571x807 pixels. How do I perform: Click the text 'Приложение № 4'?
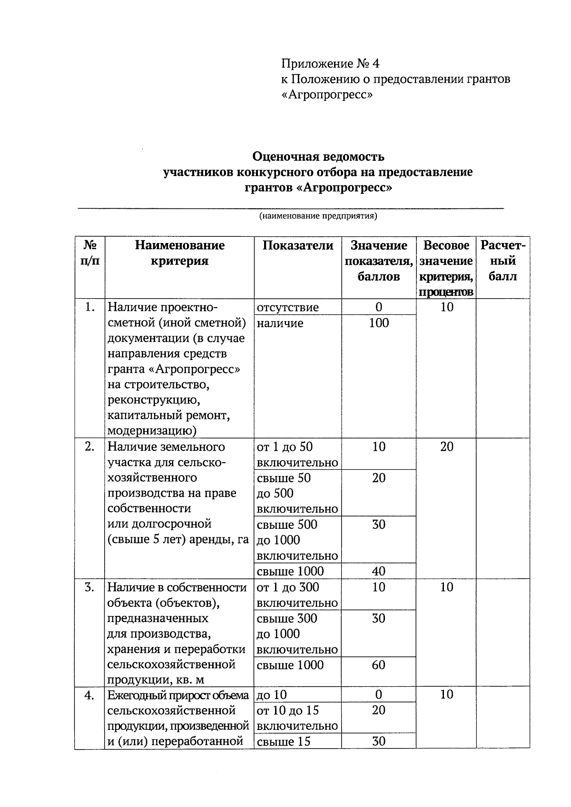pyautogui.click(x=330, y=64)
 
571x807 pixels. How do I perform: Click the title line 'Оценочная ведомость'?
pyautogui.click(x=318, y=156)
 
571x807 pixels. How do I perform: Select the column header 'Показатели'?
pyautogui.click(x=298, y=246)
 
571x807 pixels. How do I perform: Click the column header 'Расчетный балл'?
pyautogui.click(x=502, y=261)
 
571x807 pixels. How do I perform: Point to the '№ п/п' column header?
pyautogui.click(x=90, y=253)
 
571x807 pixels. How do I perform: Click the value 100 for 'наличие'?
pyautogui.click(x=379, y=323)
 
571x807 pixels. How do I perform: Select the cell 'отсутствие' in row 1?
pyautogui.click(x=287, y=307)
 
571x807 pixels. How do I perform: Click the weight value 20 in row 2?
pyautogui.click(x=446, y=447)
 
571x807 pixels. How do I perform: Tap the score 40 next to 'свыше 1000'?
pyautogui.click(x=379, y=571)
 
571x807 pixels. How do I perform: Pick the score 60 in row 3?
pyautogui.click(x=379, y=665)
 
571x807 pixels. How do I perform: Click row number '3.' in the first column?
pyautogui.click(x=89, y=587)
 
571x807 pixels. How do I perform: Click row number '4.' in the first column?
pyautogui.click(x=89, y=695)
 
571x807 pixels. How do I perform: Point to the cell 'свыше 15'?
pyautogui.click(x=283, y=741)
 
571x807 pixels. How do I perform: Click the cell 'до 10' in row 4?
pyautogui.click(x=272, y=695)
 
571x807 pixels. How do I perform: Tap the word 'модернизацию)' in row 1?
pyautogui.click(x=152, y=431)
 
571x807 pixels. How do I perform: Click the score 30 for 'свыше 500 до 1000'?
pyautogui.click(x=379, y=525)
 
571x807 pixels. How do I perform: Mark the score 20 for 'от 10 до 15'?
pyautogui.click(x=379, y=710)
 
